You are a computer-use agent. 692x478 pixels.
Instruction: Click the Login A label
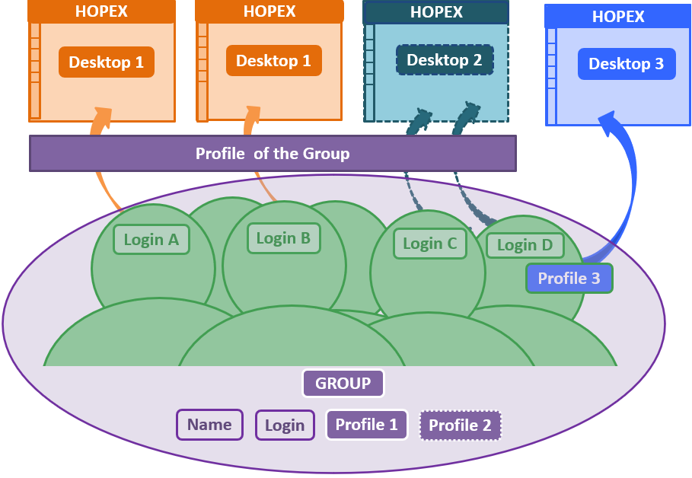tap(151, 240)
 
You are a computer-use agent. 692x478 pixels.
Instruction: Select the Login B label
tap(283, 238)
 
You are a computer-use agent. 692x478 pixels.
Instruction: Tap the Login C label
tap(429, 244)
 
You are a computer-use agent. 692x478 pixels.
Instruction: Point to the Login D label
tap(525, 245)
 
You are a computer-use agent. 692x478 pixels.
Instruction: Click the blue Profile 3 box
tap(569, 279)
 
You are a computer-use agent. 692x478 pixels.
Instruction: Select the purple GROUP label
tap(343, 384)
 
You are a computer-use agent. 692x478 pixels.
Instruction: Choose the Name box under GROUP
tap(209, 425)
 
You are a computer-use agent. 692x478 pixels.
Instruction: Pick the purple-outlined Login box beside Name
tap(285, 425)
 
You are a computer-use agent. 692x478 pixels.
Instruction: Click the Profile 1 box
tap(366, 425)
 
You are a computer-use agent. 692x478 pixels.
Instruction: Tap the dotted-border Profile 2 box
tap(460, 425)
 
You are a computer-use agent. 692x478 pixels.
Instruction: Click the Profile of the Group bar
tap(273, 154)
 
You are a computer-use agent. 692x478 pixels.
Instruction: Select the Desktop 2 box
tap(445, 60)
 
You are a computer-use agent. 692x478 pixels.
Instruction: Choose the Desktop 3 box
tap(626, 64)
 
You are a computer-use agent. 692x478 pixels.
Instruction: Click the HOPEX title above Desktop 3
tap(618, 16)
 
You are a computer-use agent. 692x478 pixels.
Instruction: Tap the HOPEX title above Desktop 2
tap(436, 12)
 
